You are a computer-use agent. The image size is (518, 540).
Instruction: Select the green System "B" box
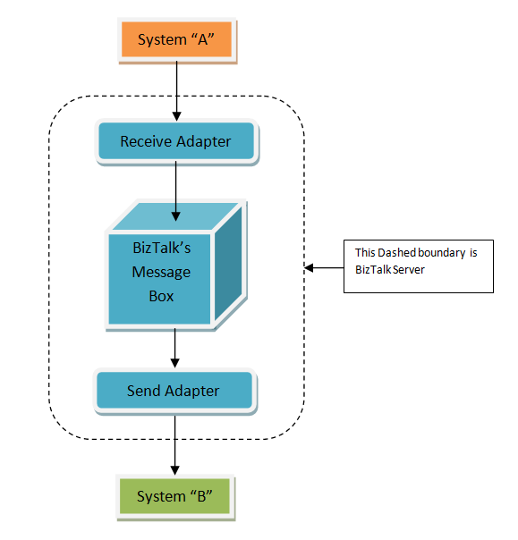coord(177,496)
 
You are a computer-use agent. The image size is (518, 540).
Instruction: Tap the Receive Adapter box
coord(175,141)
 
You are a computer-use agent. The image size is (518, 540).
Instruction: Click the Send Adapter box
coord(174,391)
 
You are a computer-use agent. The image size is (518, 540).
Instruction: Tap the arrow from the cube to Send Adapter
coord(175,348)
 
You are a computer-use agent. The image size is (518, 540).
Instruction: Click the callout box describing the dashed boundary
coord(418,266)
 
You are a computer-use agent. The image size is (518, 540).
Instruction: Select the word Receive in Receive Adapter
coord(148,141)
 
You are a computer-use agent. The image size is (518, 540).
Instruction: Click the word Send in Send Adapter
coord(143,391)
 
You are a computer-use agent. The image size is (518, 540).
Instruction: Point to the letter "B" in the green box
coord(201,496)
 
